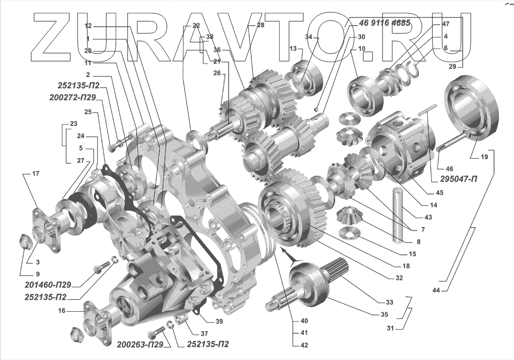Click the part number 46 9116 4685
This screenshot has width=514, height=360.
(x=381, y=24)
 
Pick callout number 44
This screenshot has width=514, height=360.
(x=436, y=291)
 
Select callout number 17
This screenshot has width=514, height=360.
(x=35, y=174)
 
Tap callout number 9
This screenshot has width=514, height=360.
(x=38, y=274)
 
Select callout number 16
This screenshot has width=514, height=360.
(x=62, y=311)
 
